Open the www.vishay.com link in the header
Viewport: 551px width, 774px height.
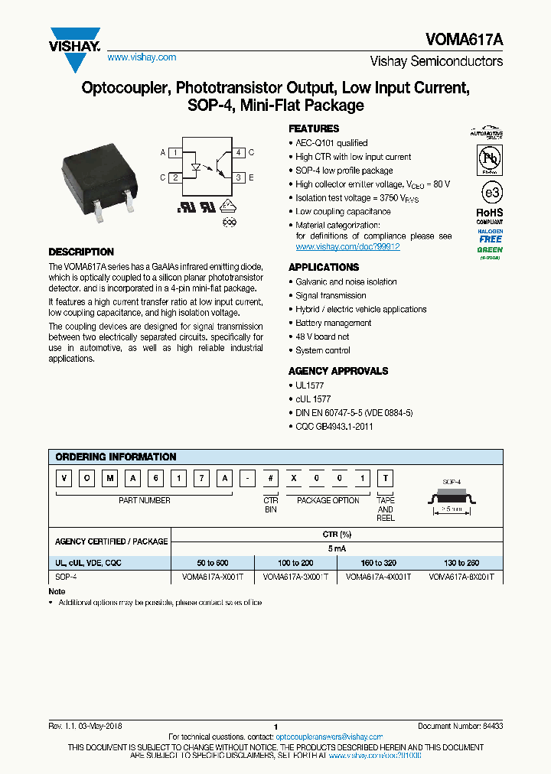tap(142, 57)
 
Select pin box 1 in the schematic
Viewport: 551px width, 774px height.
tap(175, 153)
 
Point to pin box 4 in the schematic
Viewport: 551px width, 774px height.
tap(239, 153)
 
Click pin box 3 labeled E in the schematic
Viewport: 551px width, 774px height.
tap(239, 177)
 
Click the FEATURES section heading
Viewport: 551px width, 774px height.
tap(314, 128)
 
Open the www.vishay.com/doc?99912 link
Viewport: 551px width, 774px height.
tap(347, 247)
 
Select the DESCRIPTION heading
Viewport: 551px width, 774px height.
tap(81, 252)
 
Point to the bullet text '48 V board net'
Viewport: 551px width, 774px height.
tap(322, 337)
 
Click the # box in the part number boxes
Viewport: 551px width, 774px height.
tap(271, 479)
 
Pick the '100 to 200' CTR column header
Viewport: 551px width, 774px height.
tap(295, 562)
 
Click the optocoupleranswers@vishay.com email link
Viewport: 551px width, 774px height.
tap(328, 737)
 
